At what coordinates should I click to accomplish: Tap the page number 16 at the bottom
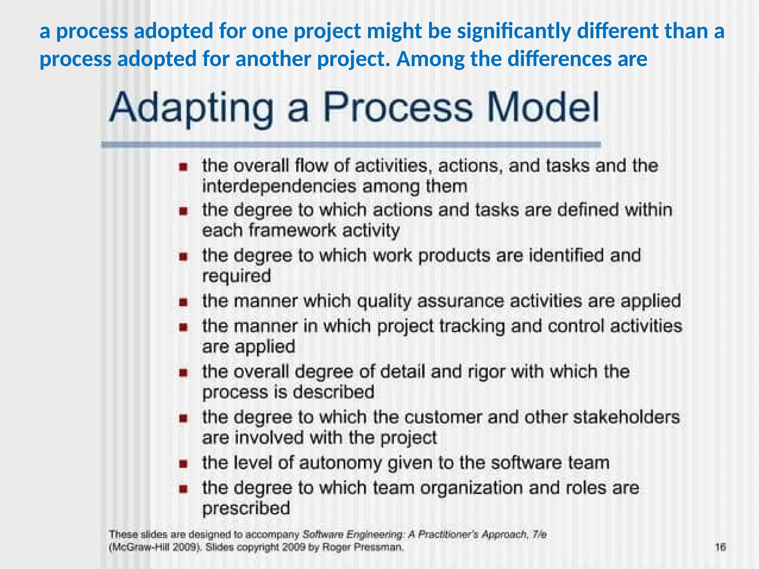point(720,547)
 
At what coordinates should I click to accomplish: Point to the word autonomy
point(339,463)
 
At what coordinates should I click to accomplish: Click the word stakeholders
point(626,417)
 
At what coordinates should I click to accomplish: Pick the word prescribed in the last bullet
point(246,508)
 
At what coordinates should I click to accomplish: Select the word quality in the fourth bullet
point(384,301)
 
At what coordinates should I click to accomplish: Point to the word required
point(236,276)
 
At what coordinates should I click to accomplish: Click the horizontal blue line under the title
point(351,145)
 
